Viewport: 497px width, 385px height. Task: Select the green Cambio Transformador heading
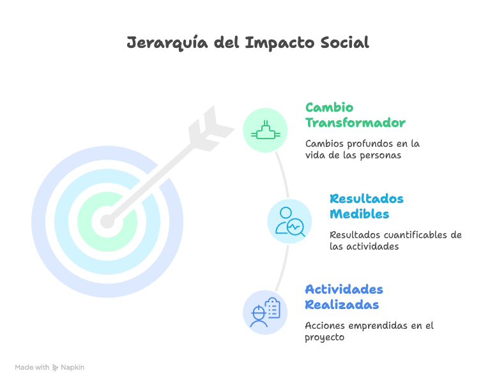click(x=355, y=115)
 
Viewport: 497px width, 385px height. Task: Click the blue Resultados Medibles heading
click(x=367, y=206)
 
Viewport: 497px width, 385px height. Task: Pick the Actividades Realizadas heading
click(x=344, y=297)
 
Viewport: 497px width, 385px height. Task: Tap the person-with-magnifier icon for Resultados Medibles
click(x=289, y=221)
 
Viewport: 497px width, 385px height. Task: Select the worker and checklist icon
click(x=265, y=312)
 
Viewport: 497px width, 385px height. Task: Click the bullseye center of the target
click(x=107, y=222)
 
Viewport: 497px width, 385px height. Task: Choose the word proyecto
click(x=325, y=336)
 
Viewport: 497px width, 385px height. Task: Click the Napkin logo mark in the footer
click(x=56, y=368)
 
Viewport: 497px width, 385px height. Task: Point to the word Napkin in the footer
click(x=72, y=368)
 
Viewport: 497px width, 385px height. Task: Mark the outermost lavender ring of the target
click(x=38, y=222)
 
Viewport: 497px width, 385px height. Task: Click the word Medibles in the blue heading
click(x=359, y=214)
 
